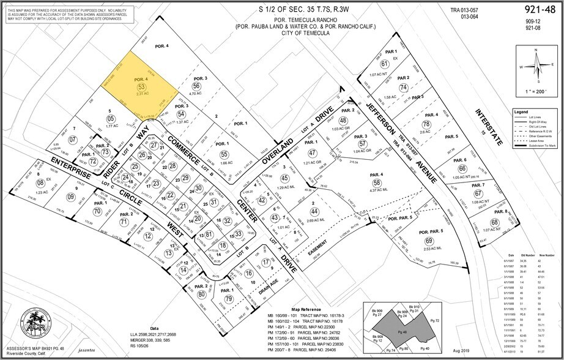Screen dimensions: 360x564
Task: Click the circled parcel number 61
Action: pos(385,64)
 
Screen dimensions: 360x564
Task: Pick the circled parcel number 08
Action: pos(40,182)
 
